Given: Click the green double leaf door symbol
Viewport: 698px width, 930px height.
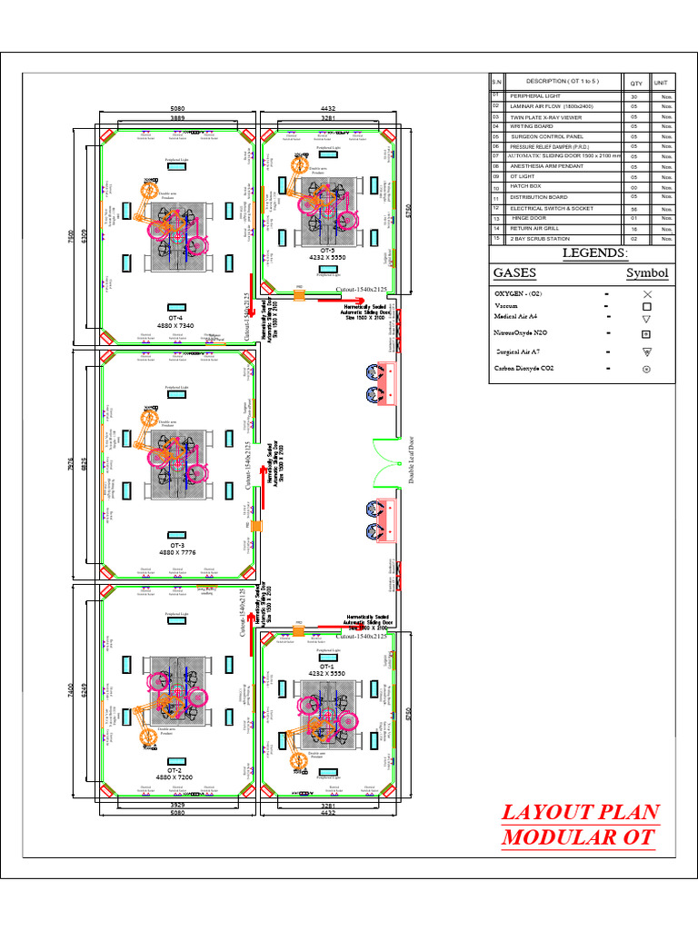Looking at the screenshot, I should [x=386, y=466].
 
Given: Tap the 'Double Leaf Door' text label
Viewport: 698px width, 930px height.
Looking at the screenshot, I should [x=411, y=460].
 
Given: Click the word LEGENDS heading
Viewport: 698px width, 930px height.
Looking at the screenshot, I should [x=594, y=252].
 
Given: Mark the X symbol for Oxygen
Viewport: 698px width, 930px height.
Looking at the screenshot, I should [x=647, y=294].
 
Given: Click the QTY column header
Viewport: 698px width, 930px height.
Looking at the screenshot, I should [x=635, y=83].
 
